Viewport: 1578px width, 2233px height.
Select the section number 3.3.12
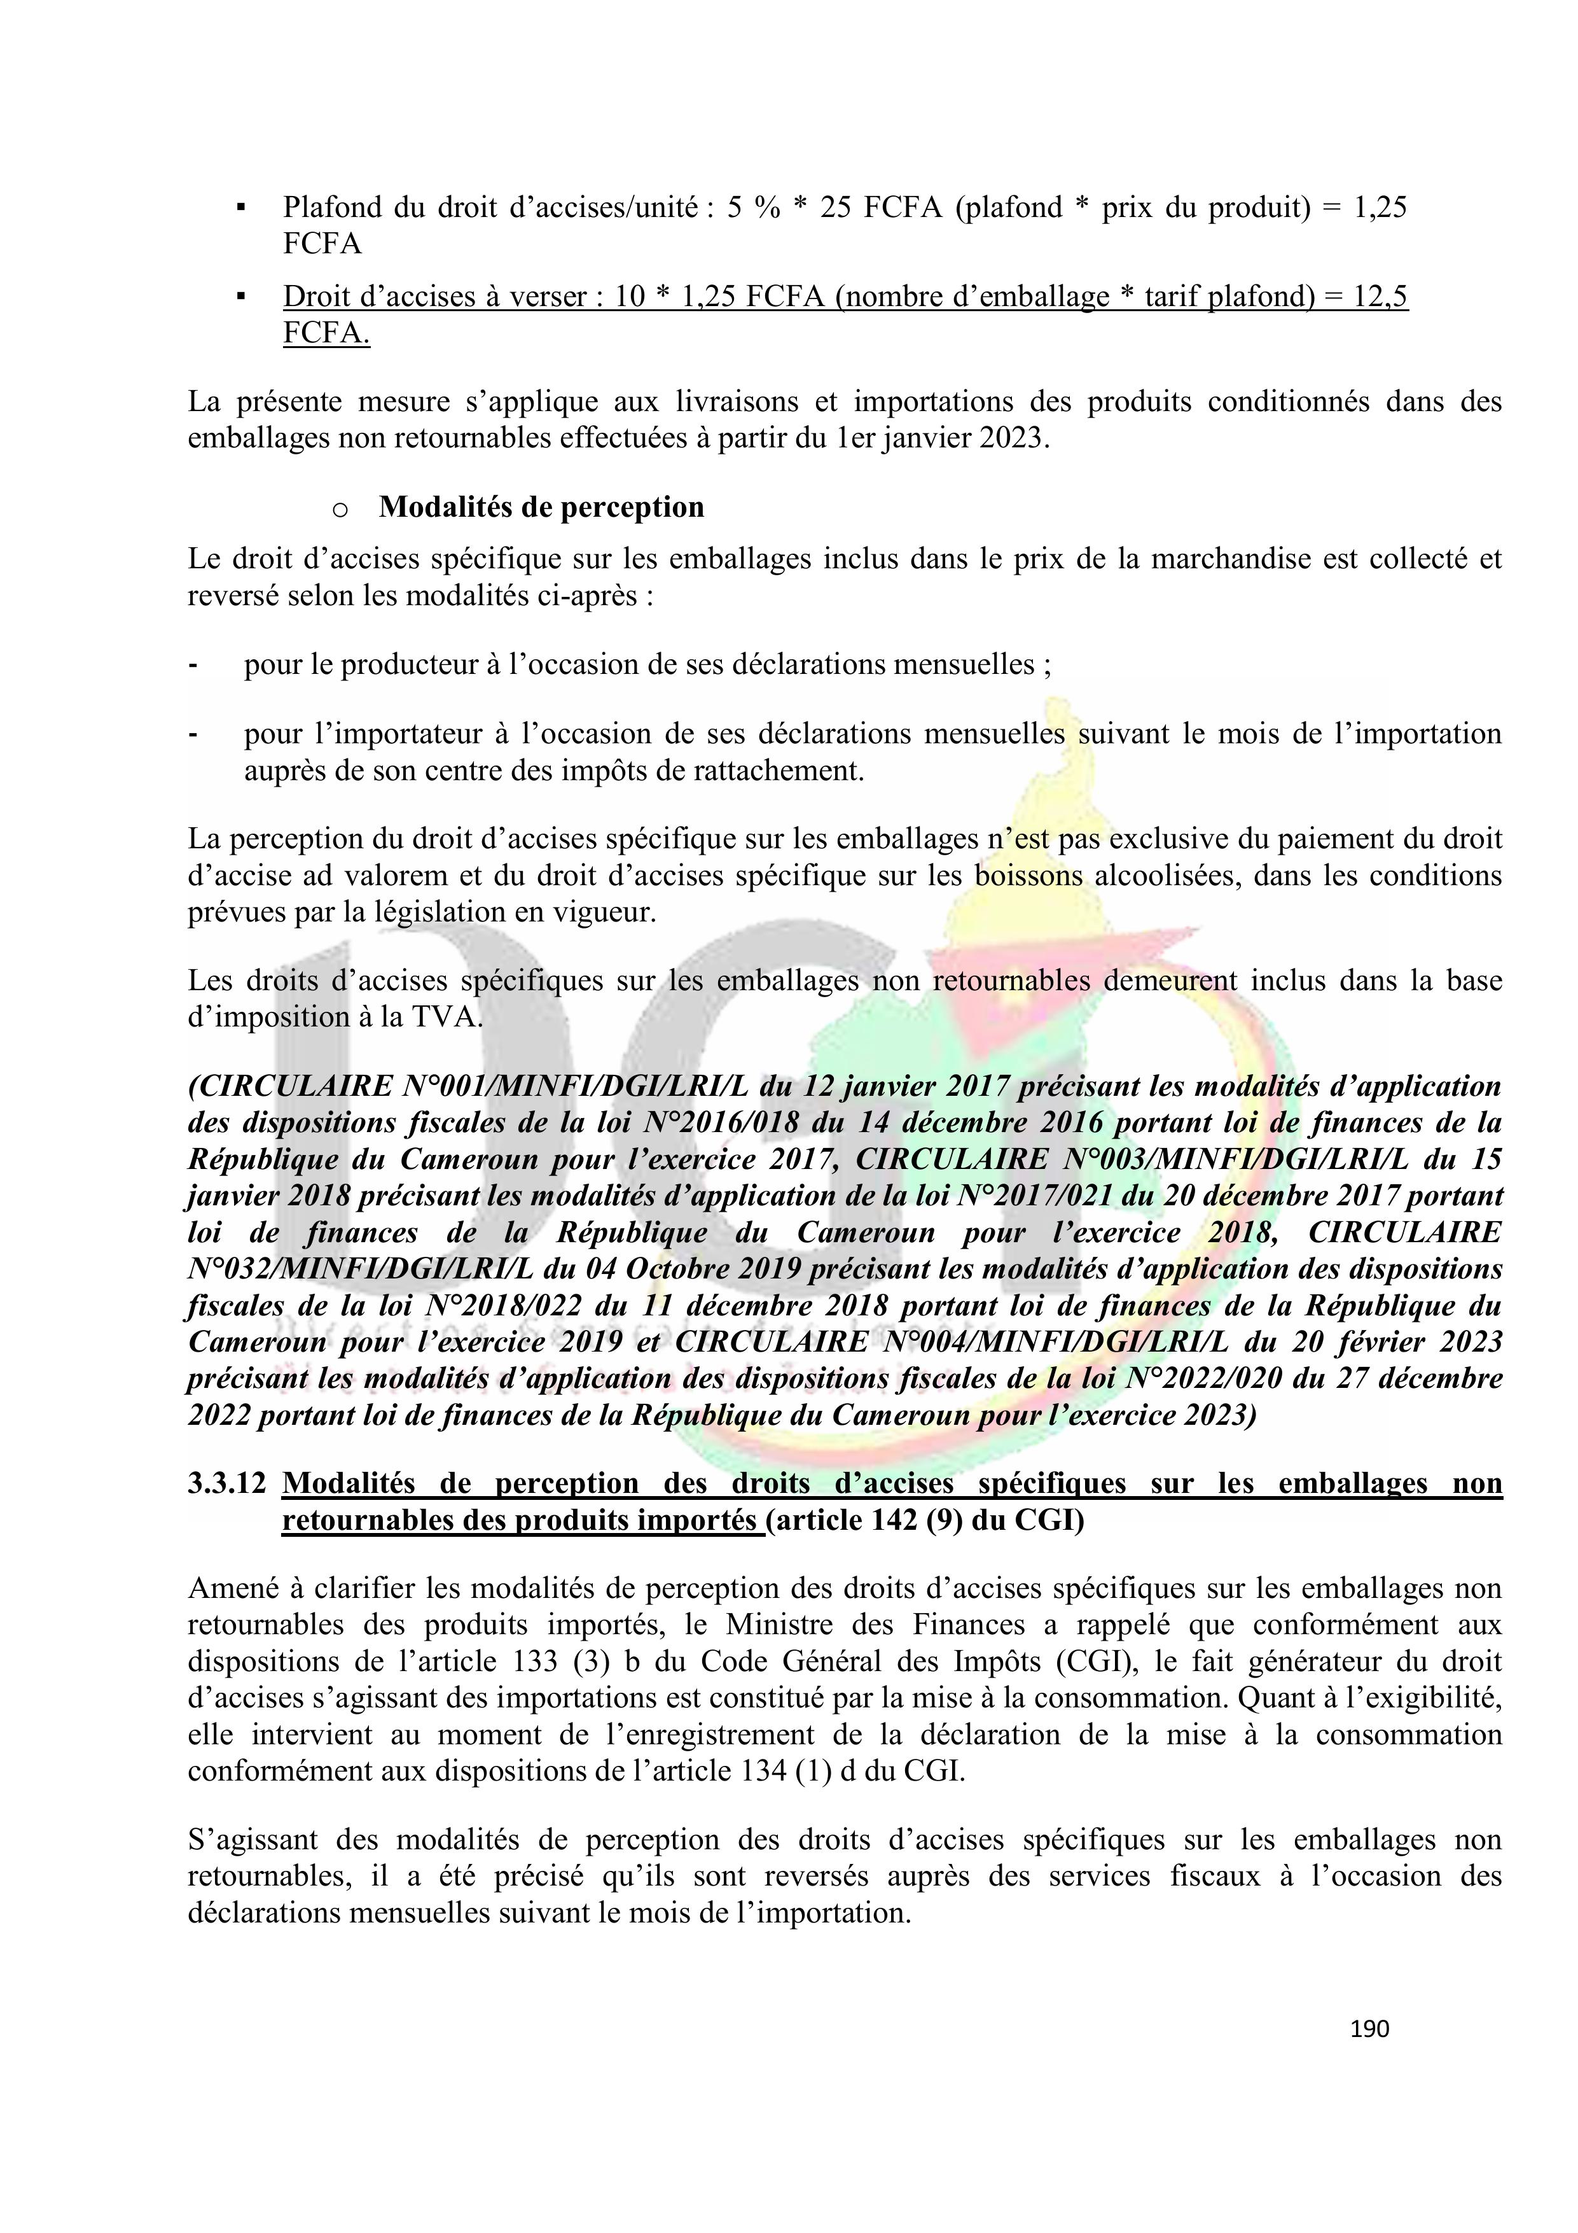click(x=226, y=1483)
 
